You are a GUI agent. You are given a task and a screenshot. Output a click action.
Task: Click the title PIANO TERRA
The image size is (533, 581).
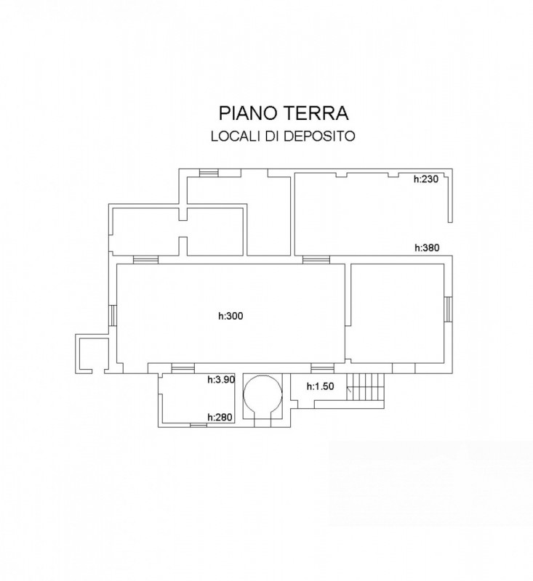click(x=284, y=113)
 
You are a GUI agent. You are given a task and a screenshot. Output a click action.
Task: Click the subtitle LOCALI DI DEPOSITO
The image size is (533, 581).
click(x=283, y=137)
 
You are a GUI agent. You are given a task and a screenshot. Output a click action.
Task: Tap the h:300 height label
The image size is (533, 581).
click(x=231, y=316)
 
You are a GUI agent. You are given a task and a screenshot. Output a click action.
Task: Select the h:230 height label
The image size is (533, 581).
click(x=426, y=179)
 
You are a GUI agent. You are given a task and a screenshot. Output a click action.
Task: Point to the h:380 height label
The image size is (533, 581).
click(x=427, y=248)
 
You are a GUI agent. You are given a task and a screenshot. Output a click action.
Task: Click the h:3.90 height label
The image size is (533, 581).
click(x=221, y=379)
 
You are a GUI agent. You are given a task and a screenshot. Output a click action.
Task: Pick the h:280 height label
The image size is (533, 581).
click(x=220, y=417)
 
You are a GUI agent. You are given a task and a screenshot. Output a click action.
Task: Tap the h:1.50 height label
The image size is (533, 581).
click(x=320, y=386)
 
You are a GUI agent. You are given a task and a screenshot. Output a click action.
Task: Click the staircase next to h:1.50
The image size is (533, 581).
click(x=365, y=386)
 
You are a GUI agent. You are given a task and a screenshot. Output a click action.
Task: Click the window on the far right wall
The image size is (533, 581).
click(x=449, y=309)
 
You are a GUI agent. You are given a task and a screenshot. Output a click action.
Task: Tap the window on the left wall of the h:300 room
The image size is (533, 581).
click(x=113, y=315)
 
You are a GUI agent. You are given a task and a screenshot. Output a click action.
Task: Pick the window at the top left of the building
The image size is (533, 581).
click(x=209, y=173)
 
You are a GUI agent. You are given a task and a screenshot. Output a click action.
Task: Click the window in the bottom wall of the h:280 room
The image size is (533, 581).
click(x=199, y=425)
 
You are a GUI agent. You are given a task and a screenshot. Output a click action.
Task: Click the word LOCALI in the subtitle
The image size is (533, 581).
click(x=236, y=137)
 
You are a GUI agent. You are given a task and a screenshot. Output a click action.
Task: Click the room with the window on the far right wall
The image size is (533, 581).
click(x=397, y=314)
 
